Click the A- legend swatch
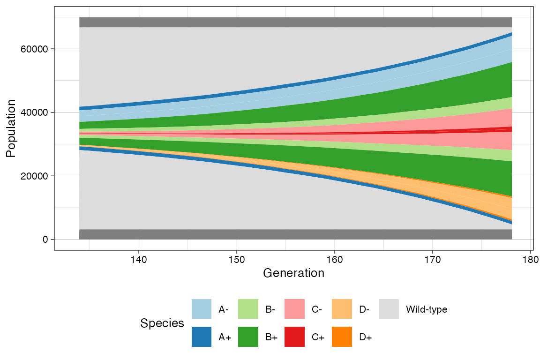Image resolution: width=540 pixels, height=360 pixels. click(x=202, y=309)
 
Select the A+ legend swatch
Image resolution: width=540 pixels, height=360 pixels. click(x=202, y=337)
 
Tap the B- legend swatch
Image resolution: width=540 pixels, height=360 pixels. click(x=248, y=309)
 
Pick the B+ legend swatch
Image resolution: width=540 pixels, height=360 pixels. click(x=248, y=337)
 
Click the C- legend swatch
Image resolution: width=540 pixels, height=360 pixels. click(x=295, y=309)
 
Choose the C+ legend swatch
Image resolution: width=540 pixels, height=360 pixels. click(x=295, y=337)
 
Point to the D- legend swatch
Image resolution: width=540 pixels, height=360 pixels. click(x=341, y=309)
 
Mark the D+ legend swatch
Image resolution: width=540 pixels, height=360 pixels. click(x=341, y=337)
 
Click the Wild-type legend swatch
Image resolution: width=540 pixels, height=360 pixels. click(x=388, y=309)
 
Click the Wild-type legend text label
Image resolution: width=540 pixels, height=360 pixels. click(x=426, y=309)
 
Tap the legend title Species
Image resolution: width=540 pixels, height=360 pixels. click(x=162, y=323)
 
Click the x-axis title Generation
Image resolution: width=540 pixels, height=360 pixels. click(x=294, y=273)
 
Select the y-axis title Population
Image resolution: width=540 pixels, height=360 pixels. click(x=11, y=128)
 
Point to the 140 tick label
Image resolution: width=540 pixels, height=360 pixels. click(x=139, y=259)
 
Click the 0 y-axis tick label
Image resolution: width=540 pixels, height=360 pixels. click(x=45, y=240)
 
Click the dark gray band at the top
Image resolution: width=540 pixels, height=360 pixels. click(x=295, y=22)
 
